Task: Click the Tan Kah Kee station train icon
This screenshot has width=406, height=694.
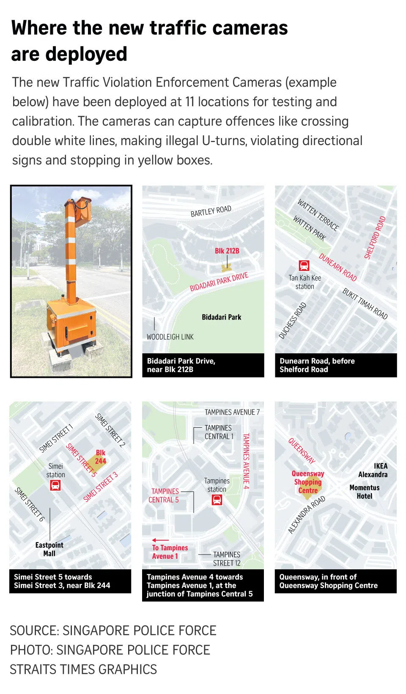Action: (304, 265)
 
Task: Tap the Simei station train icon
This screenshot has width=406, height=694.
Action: (55, 486)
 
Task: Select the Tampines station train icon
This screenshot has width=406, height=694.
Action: (217, 500)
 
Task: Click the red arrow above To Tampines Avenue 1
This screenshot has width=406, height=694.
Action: (161, 540)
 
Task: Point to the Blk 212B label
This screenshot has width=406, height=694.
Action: (227, 251)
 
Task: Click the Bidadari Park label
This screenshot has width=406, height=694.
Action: (221, 317)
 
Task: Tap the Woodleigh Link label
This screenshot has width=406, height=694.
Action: (170, 337)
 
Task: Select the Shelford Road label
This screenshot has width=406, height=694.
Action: (375, 238)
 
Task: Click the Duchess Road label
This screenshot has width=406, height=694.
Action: (293, 321)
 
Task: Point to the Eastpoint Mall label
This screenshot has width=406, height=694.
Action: (49, 549)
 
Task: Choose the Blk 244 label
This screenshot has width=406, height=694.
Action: (101, 457)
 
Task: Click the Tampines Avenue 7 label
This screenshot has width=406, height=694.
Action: (232, 412)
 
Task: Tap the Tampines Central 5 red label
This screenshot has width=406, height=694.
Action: (164, 495)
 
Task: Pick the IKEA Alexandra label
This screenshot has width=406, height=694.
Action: (373, 470)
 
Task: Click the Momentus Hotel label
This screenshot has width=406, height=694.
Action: (365, 492)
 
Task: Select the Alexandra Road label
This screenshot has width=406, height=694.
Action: (307, 515)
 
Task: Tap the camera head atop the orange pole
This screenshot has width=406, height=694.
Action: (83, 210)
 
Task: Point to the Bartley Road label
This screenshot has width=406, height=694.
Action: (211, 211)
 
